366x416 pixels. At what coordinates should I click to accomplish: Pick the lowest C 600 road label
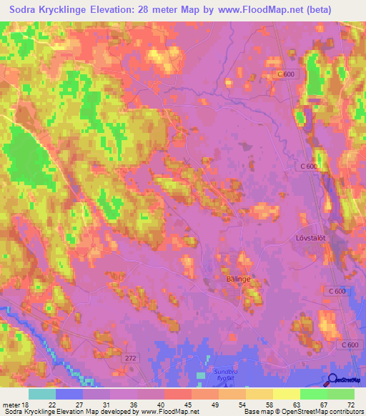pyautogui.click(x=350, y=345)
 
